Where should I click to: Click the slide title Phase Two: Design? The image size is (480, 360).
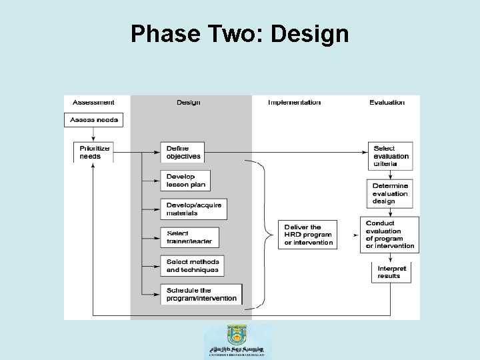(x=239, y=34)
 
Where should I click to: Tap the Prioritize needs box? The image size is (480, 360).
(x=94, y=152)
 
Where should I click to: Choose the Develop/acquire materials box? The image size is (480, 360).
(x=193, y=209)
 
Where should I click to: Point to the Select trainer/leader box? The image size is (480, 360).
(x=189, y=237)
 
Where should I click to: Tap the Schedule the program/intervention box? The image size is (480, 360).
(x=201, y=294)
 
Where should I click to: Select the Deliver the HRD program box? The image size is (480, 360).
(x=308, y=235)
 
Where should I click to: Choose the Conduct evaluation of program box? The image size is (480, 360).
(x=390, y=234)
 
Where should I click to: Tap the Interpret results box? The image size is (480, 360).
(x=390, y=271)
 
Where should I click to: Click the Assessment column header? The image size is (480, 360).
(x=93, y=103)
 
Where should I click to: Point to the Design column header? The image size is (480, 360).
(x=188, y=103)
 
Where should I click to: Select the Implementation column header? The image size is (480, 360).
(x=294, y=103)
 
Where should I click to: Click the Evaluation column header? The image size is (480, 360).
(x=387, y=103)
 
